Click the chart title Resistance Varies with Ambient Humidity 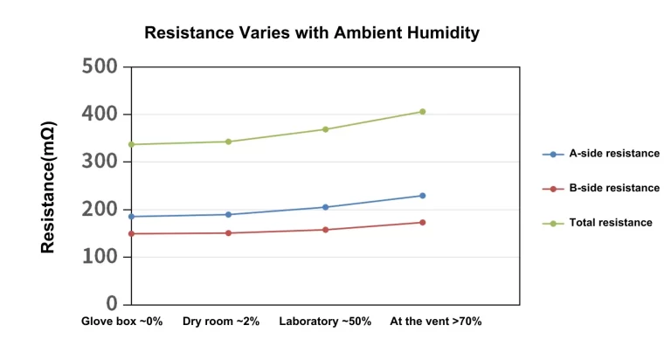click(x=312, y=33)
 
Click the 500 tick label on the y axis click(x=100, y=67)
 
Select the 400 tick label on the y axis click(x=100, y=114)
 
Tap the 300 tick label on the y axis click(x=100, y=162)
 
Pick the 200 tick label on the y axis click(x=100, y=210)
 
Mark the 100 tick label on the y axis click(x=100, y=257)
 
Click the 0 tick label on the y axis click(x=112, y=304)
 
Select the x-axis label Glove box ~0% click(x=122, y=322)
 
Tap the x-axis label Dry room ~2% click(x=221, y=322)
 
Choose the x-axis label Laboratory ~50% click(x=325, y=322)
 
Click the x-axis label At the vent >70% click(x=435, y=322)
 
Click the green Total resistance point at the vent click(x=422, y=112)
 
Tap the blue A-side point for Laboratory click(x=325, y=207)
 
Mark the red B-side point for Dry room click(x=228, y=232)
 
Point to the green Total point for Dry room click(x=228, y=142)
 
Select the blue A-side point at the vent click(x=422, y=196)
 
